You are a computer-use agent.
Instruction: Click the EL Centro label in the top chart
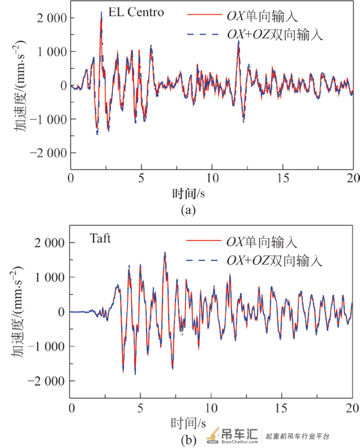pyautogui.click(x=136, y=12)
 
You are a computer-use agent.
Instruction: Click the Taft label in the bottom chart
pyautogui.click(x=100, y=238)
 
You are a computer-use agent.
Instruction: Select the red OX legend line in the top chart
pyautogui.click(x=205, y=14)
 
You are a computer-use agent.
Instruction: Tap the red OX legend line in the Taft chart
pyautogui.click(x=204, y=240)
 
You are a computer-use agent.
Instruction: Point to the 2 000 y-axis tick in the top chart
pyautogui.click(x=52, y=18)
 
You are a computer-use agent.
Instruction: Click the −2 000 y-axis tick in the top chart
pyautogui.click(x=48, y=153)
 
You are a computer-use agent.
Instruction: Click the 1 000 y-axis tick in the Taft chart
pyautogui.click(x=50, y=277)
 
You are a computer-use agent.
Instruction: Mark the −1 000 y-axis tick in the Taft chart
pyautogui.click(x=47, y=347)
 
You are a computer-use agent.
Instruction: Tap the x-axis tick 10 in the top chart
pyautogui.click(x=212, y=178)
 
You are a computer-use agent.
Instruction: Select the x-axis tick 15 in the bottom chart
pyautogui.click(x=281, y=408)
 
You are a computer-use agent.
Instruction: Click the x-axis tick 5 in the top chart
pyautogui.click(x=141, y=178)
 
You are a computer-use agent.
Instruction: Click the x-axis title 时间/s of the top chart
pyautogui.click(x=188, y=194)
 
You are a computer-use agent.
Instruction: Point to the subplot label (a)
pyautogui.click(x=188, y=210)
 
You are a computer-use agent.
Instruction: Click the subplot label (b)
pyautogui.click(x=188, y=439)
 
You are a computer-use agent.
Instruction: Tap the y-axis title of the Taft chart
pyautogui.click(x=17, y=312)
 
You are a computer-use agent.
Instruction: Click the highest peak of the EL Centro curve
pyautogui.click(x=101, y=12)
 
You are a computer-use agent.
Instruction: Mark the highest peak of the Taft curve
pyautogui.click(x=165, y=253)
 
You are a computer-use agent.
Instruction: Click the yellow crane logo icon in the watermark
pyautogui.click(x=213, y=436)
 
